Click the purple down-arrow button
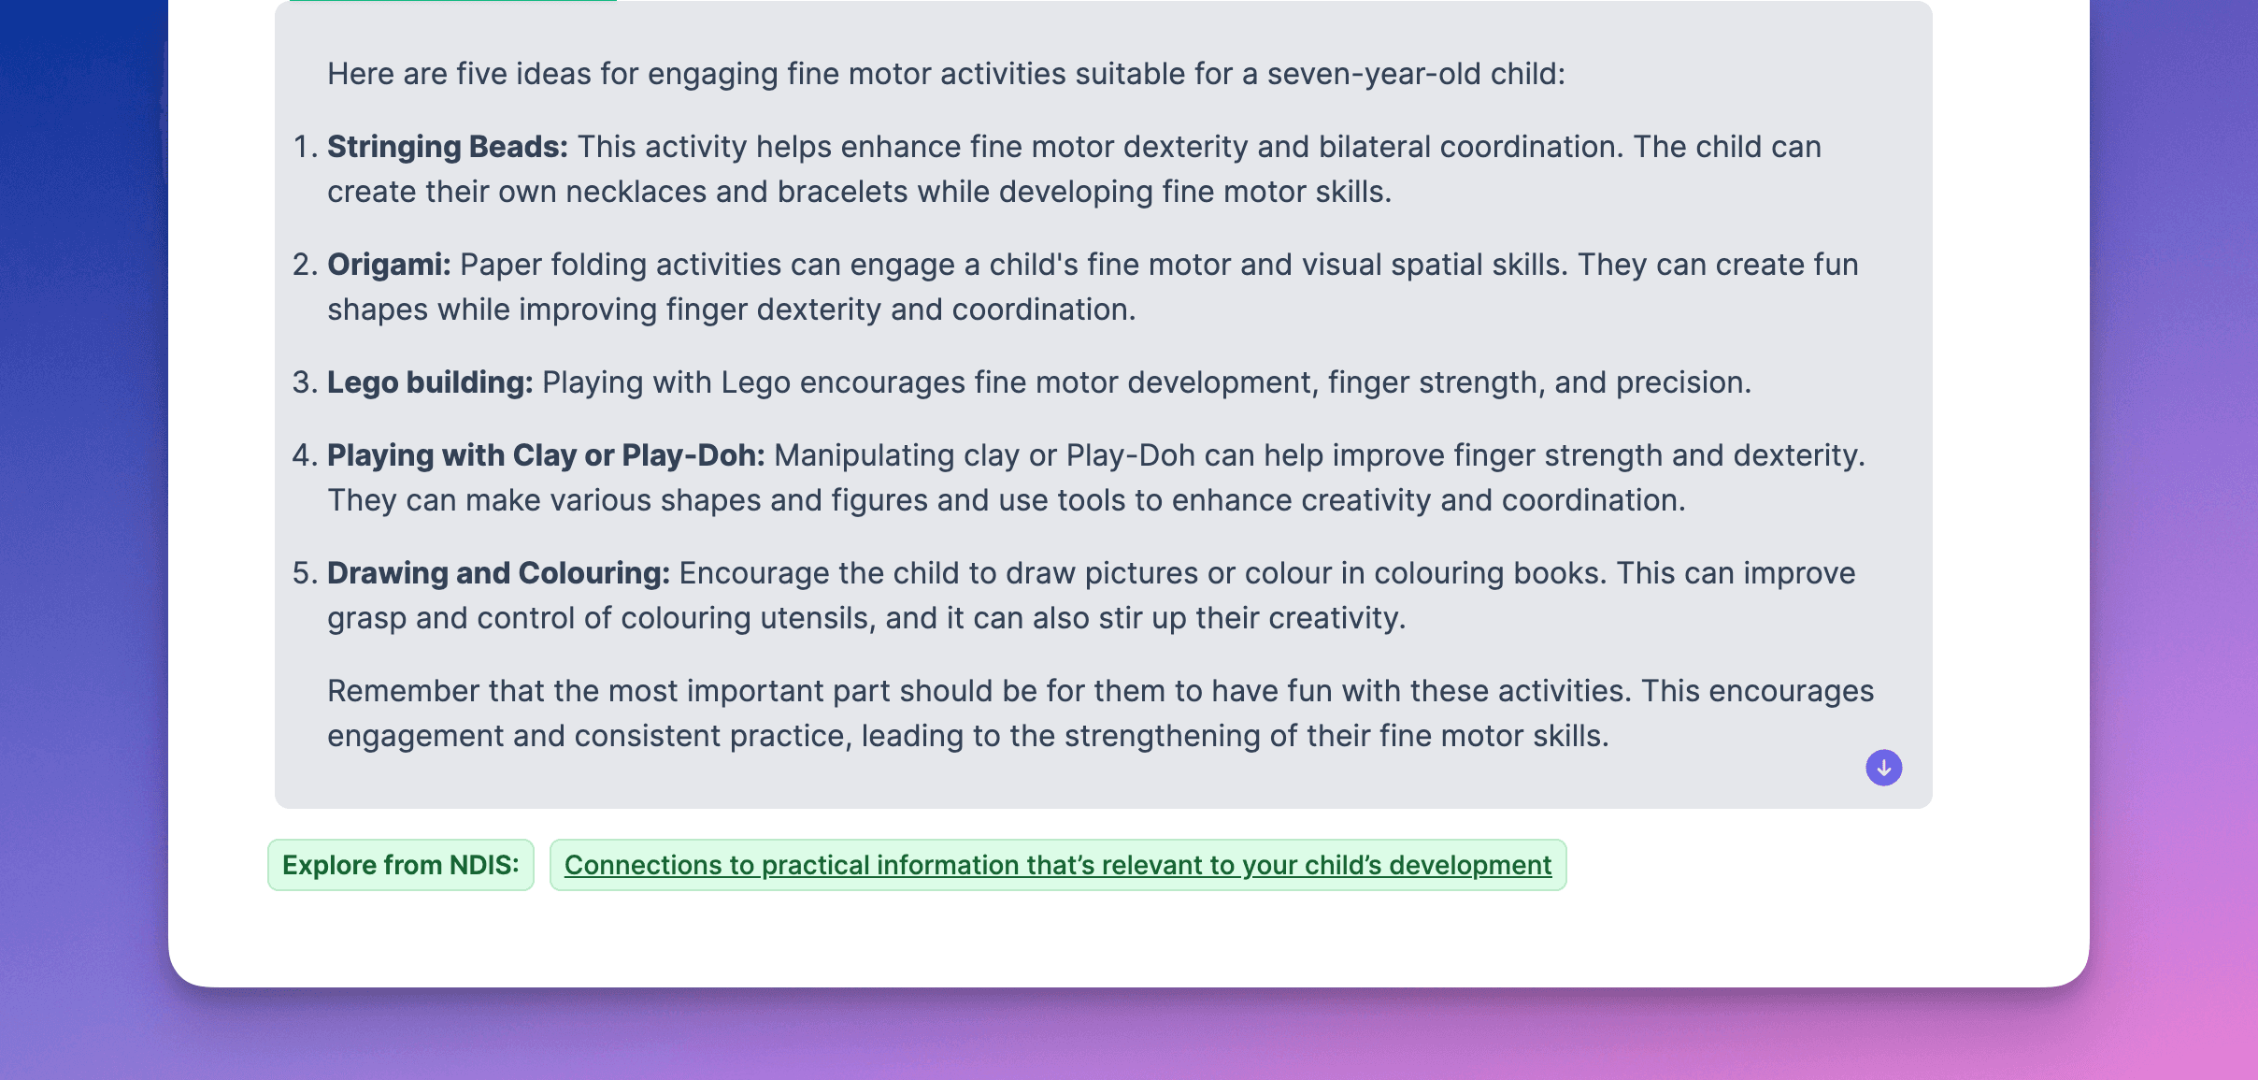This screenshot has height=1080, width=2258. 1883,768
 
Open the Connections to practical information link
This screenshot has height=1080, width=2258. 1058,865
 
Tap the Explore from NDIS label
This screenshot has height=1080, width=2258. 401,865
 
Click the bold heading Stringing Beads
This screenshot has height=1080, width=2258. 448,147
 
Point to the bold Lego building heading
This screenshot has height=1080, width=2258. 430,382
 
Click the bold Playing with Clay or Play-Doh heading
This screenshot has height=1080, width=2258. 546,455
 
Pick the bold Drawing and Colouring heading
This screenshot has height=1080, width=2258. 498,573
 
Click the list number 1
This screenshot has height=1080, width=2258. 305,147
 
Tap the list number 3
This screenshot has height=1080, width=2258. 305,382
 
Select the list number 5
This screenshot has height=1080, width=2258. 305,573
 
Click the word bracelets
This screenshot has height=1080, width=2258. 842,192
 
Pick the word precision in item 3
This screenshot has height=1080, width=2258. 1683,383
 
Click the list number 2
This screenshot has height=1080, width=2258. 305,265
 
